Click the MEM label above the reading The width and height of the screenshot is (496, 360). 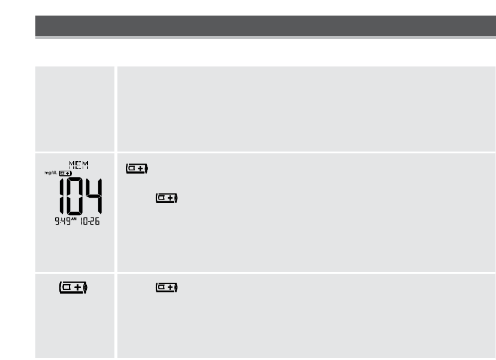pyautogui.click(x=78, y=165)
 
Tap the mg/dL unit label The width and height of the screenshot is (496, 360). pyautogui.click(x=51, y=173)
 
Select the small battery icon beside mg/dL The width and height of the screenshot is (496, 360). pyautogui.click(x=65, y=173)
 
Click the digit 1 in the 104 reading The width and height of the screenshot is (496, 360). pyautogui.click(x=62, y=196)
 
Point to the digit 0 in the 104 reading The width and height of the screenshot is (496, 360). pyautogui.click(x=75, y=196)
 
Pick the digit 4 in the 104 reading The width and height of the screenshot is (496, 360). pyautogui.click(x=94, y=196)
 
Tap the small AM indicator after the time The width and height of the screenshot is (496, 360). pyautogui.click(x=74, y=219)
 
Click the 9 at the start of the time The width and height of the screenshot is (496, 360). pyautogui.click(x=58, y=221)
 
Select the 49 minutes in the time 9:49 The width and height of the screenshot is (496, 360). pyautogui.click(x=66, y=221)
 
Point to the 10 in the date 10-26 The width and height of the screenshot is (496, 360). pyautogui.click(x=84, y=221)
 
